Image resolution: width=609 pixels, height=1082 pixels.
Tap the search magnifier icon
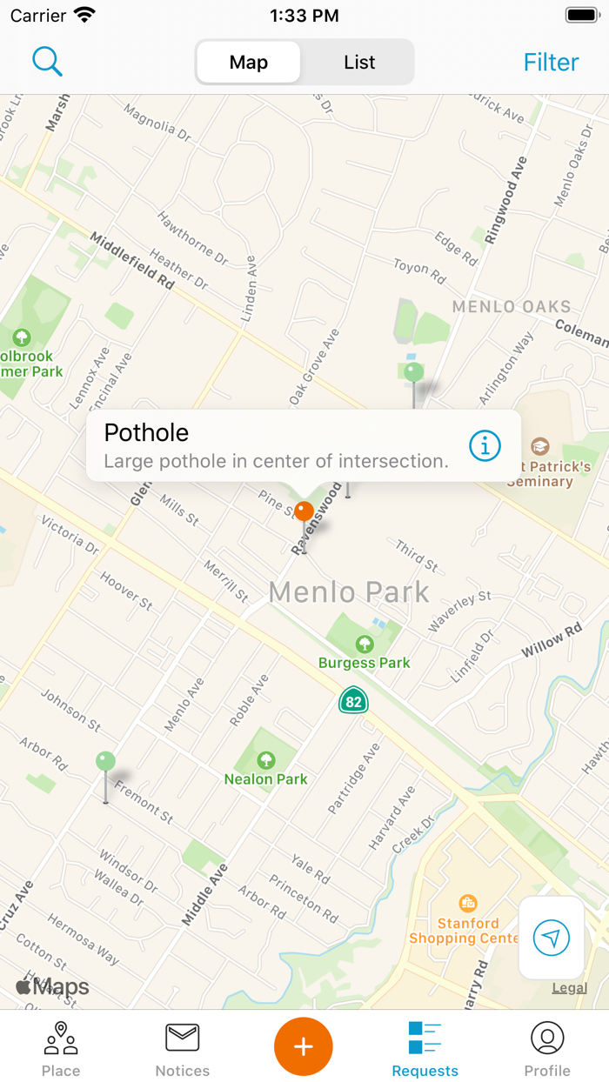coord(47,62)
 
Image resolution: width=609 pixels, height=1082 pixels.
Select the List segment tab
coord(358,63)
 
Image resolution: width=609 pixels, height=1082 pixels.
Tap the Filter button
coord(551,63)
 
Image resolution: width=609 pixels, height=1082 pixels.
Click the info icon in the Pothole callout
coord(485,445)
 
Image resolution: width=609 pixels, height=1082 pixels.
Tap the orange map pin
coord(304,511)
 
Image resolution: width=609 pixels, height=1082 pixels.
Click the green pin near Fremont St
coord(105,763)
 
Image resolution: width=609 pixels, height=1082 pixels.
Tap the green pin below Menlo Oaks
coord(414,373)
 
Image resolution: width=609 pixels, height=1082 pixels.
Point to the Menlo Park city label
coord(349,592)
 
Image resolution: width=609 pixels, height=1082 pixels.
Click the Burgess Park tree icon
coord(365,644)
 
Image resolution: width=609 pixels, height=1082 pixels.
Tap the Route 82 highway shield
coord(353,700)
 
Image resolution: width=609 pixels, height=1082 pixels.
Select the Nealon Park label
coord(266,779)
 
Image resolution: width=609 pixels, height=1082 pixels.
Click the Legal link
coord(569,988)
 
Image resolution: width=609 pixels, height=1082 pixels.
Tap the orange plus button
coord(304,1046)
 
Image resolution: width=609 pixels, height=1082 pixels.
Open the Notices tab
coord(183,1048)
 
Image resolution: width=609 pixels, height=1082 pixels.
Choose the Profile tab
coord(547,1048)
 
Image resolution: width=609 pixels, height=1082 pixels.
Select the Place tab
coord(61,1048)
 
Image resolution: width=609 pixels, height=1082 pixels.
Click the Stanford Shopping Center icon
coord(468,903)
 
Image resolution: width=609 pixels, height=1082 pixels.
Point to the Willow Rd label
coord(552,641)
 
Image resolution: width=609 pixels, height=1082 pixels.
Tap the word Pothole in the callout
coord(146,432)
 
